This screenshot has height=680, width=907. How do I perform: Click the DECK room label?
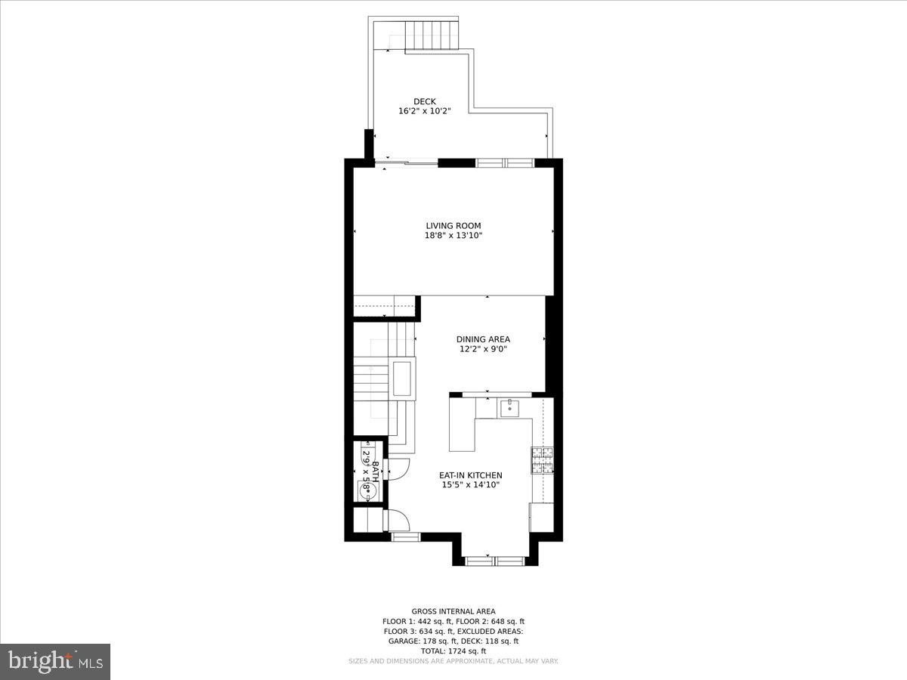424,101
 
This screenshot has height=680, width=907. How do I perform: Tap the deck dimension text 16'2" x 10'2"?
424,111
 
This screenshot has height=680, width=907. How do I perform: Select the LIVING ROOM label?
453,225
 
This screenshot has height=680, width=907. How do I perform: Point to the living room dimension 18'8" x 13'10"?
453,235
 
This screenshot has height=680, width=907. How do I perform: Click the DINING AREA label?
483,339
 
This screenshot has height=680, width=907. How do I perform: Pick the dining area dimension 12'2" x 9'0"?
483,349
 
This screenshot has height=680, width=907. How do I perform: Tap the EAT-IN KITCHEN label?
471,475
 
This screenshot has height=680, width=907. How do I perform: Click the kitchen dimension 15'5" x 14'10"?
471,485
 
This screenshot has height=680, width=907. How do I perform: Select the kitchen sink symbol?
509,408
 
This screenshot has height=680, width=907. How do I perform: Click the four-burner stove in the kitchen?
542,459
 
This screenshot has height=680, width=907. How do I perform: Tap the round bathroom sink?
368,490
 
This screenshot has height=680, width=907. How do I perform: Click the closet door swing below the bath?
397,521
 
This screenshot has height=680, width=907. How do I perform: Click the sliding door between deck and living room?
407,162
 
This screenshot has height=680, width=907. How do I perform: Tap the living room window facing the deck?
505,162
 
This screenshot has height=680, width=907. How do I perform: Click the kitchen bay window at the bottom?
494,561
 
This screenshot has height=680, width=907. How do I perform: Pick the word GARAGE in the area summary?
404,641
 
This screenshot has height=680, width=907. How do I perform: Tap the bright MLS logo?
55,662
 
